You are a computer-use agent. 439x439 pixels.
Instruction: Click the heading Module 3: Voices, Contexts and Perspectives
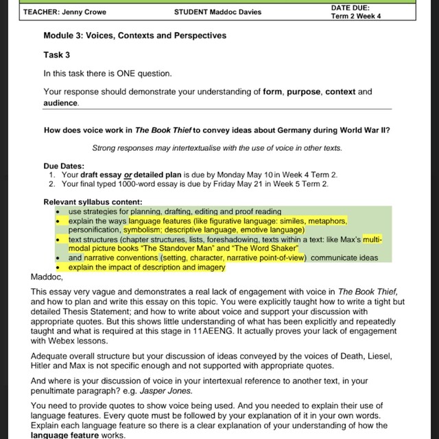(x=135, y=36)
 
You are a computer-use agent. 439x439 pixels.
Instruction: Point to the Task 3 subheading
(x=57, y=55)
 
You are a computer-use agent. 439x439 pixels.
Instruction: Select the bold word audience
(x=61, y=103)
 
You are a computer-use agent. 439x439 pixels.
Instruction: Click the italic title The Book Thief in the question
(x=162, y=130)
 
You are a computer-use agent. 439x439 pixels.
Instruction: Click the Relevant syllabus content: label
(x=93, y=202)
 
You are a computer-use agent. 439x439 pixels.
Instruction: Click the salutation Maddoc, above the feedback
(x=47, y=277)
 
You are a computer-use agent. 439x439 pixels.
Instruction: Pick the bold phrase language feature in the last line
(x=71, y=435)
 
